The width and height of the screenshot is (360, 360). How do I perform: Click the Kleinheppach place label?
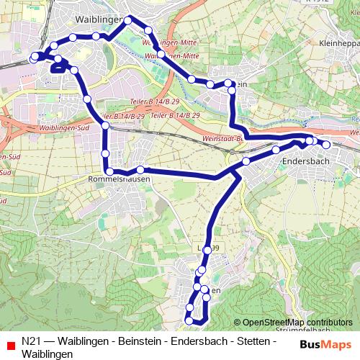[338, 43]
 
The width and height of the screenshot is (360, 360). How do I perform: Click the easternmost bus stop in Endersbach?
[326, 145]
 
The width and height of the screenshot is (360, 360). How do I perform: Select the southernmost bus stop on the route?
[189, 320]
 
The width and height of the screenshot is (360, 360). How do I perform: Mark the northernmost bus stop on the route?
[128, 20]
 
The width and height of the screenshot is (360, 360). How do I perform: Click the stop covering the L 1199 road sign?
[208, 249]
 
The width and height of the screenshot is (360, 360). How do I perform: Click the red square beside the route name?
[10, 342]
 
